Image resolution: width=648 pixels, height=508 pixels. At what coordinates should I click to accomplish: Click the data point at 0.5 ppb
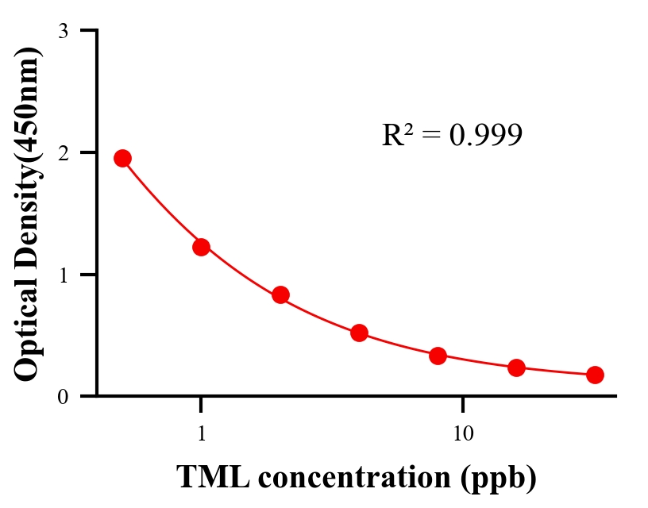(122, 158)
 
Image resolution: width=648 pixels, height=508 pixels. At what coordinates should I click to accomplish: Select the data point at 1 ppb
(201, 247)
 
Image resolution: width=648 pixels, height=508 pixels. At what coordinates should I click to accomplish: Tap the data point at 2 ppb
(280, 294)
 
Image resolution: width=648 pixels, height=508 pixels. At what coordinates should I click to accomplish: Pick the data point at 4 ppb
(359, 333)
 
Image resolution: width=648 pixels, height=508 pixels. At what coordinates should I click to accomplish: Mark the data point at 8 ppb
(438, 356)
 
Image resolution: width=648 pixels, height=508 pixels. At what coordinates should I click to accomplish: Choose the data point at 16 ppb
(516, 368)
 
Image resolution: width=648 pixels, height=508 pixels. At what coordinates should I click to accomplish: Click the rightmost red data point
(595, 375)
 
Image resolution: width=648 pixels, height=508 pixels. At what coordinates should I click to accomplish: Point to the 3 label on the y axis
(64, 31)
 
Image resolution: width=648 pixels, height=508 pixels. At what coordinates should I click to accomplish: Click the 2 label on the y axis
(64, 152)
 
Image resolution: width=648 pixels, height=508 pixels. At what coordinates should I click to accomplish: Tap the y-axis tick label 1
(64, 275)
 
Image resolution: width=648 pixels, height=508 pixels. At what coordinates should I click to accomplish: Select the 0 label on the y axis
(64, 396)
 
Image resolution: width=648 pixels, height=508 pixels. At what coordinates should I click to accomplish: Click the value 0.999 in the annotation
(485, 135)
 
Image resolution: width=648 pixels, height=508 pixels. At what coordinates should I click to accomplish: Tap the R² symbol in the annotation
(397, 135)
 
